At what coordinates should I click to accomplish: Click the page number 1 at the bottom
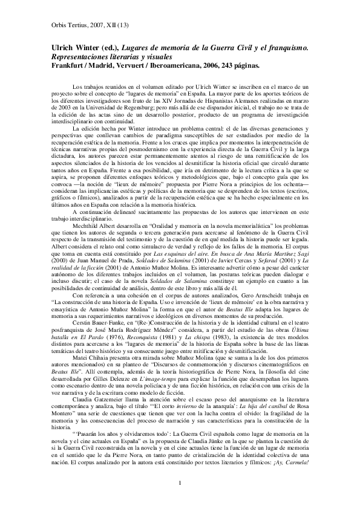click(180, 482)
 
